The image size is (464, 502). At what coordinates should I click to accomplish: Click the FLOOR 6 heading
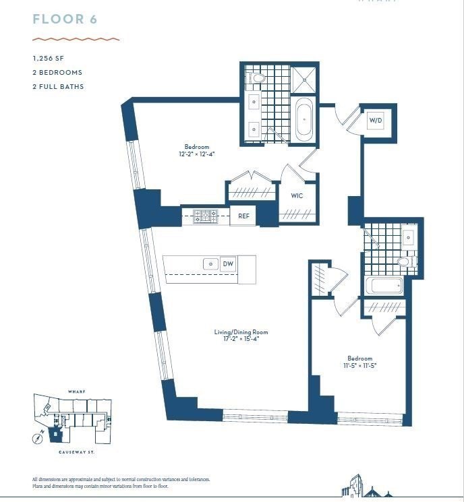tap(65, 19)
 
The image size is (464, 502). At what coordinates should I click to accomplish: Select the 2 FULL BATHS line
tap(59, 86)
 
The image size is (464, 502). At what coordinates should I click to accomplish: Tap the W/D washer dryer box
tap(375, 121)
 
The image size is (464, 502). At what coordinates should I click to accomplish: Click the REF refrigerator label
tap(244, 216)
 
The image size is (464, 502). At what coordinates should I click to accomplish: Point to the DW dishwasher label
tap(228, 264)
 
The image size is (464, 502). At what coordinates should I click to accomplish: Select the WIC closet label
tap(297, 195)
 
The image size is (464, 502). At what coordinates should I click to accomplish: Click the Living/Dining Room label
tap(241, 332)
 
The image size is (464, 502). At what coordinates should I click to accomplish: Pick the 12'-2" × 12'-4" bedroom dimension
tap(197, 154)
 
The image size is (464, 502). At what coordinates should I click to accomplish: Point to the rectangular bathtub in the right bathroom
tap(383, 286)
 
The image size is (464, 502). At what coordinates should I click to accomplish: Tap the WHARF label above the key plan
tap(76, 391)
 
